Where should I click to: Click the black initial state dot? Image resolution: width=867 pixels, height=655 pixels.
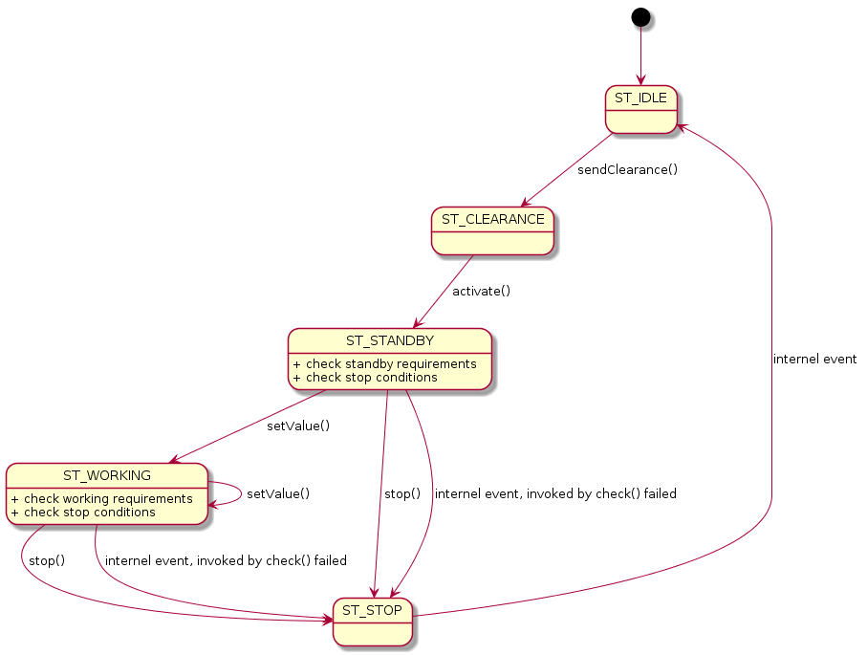click(x=640, y=16)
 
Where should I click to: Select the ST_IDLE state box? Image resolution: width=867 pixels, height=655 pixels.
click(x=640, y=110)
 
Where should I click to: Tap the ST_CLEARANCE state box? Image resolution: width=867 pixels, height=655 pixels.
click(x=492, y=230)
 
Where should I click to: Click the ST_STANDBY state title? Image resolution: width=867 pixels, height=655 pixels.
click(x=389, y=341)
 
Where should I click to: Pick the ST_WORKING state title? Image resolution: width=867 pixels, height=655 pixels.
click(x=106, y=475)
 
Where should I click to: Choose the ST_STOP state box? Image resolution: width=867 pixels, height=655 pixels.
click(x=373, y=621)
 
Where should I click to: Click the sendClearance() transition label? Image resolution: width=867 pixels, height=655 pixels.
click(x=627, y=170)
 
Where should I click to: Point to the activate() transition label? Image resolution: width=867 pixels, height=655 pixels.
click(x=481, y=291)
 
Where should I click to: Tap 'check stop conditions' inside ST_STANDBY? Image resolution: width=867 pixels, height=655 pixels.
click(x=371, y=378)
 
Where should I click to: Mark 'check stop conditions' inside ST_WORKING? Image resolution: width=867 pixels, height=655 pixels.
click(x=89, y=512)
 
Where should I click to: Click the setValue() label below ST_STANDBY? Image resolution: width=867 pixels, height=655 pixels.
click(x=298, y=426)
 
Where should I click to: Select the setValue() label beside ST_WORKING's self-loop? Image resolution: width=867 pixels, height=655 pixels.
click(x=278, y=494)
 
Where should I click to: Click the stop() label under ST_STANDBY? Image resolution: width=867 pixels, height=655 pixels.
click(x=402, y=494)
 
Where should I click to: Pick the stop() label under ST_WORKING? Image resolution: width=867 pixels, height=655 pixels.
click(x=47, y=560)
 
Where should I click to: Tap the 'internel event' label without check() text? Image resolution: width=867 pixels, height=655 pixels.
click(x=814, y=360)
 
